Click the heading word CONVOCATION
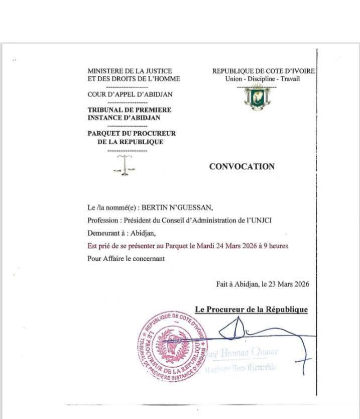(x=242, y=167)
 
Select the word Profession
(x=104, y=220)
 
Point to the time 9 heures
(x=276, y=246)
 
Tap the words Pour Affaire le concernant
(x=126, y=259)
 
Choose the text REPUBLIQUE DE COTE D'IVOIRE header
(x=264, y=71)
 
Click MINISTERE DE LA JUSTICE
(x=130, y=71)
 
